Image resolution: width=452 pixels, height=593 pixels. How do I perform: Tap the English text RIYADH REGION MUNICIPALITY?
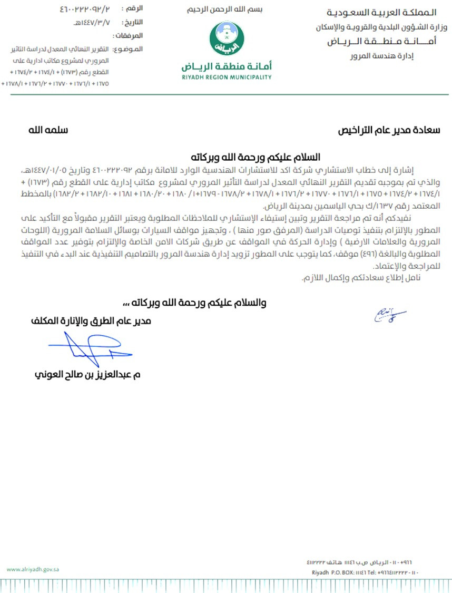(x=227, y=77)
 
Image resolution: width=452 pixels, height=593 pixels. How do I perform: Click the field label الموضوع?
(x=129, y=49)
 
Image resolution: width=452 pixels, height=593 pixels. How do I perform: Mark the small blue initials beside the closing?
(x=389, y=315)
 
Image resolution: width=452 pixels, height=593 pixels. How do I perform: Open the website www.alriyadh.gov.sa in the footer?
(x=33, y=568)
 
